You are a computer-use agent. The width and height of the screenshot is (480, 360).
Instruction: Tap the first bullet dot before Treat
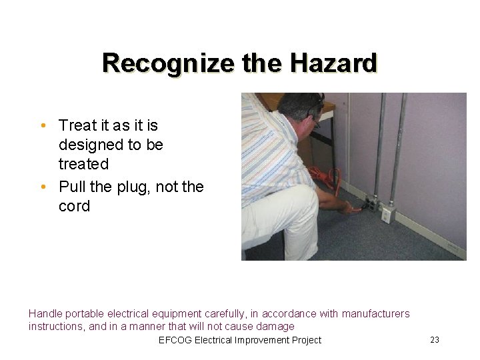43,126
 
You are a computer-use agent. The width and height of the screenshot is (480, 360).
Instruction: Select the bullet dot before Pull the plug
43,187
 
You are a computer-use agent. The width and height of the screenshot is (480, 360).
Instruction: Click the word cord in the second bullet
74,207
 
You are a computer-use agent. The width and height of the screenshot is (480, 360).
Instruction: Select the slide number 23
435,340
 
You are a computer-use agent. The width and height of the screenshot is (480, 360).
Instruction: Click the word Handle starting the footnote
45,313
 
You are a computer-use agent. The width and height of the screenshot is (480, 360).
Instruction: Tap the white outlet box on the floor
386,214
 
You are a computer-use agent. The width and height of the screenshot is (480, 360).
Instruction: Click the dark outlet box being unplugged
369,203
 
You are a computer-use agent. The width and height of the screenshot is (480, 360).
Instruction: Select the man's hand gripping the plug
349,207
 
